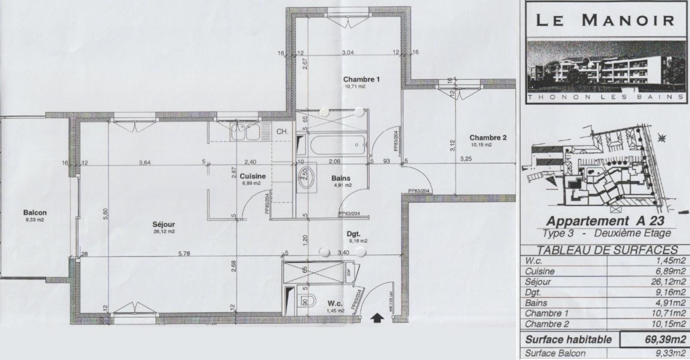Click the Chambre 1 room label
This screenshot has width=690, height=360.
click(361, 79)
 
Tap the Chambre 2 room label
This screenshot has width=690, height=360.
click(488, 138)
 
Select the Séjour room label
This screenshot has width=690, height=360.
click(163, 225)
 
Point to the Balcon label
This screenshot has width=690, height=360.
click(35, 213)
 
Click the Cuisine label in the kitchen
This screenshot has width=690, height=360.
click(253, 176)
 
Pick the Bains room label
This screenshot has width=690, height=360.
click(341, 178)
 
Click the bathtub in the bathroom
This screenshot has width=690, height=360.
click(338, 145)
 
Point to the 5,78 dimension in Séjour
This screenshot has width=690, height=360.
click(184, 254)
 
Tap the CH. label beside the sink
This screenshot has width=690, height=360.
click(282, 131)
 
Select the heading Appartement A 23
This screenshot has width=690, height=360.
click(605, 221)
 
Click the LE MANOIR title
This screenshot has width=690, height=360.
click(605, 20)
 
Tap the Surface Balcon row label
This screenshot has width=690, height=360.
click(555, 353)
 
